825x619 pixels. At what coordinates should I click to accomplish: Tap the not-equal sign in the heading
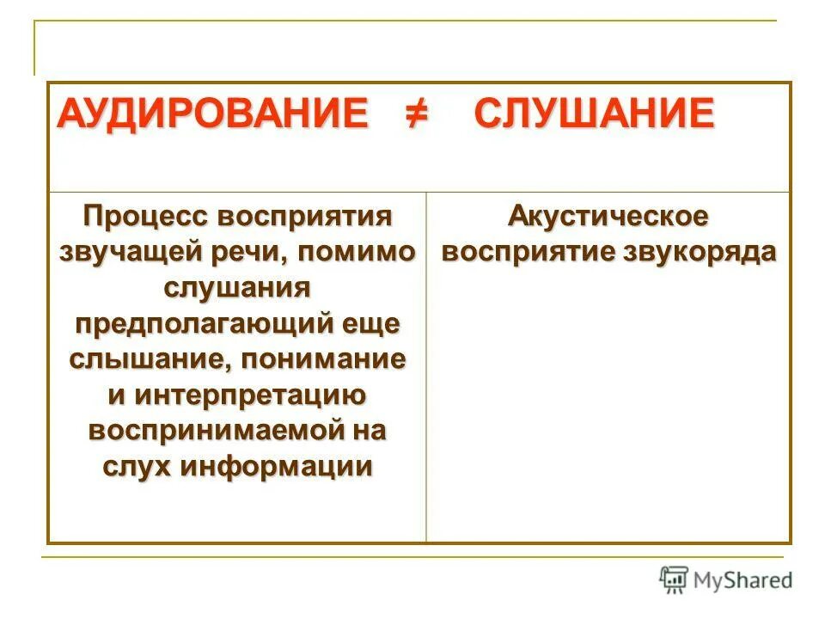(419, 113)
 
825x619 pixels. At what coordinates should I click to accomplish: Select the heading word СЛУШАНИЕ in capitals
(594, 113)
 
